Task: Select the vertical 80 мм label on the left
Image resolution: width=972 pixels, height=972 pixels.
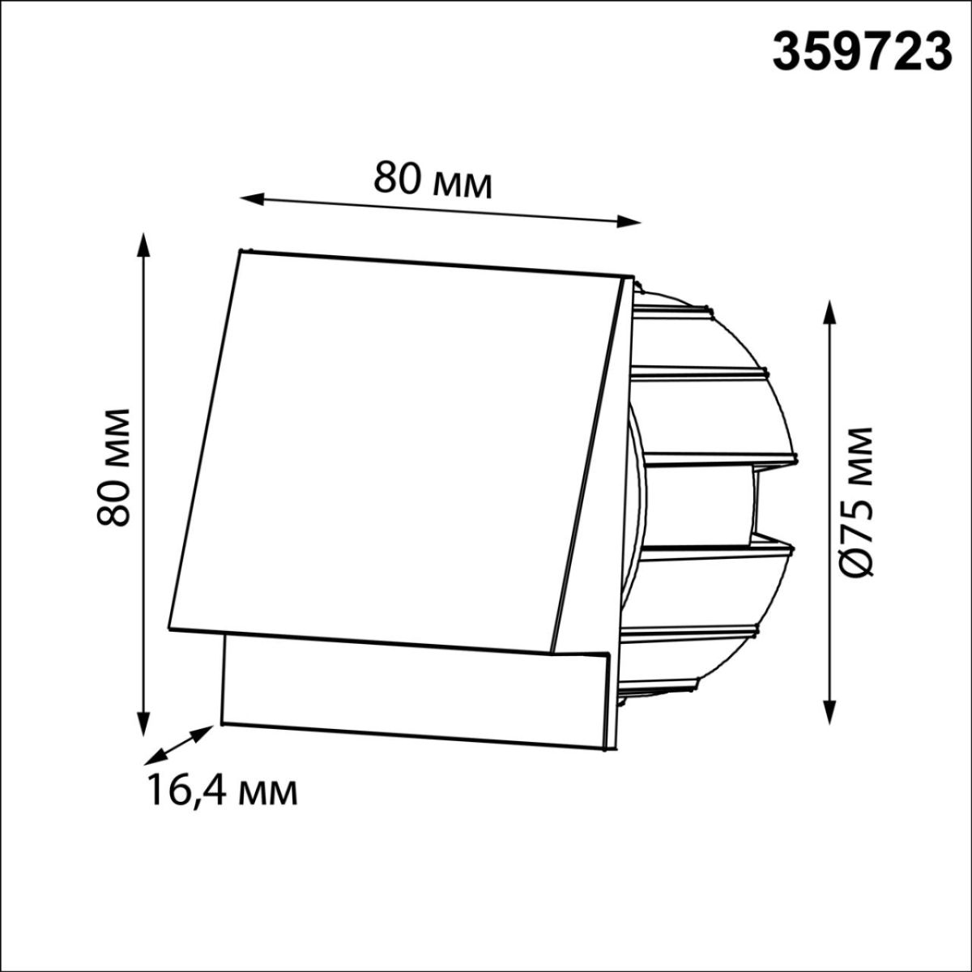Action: [x=113, y=467]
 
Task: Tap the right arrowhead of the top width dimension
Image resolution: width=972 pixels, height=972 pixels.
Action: [x=629, y=221]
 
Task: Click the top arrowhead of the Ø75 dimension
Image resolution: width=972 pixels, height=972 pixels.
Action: [x=829, y=313]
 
